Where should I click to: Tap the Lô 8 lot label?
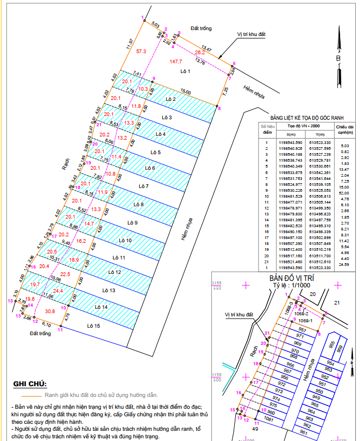click(139, 205)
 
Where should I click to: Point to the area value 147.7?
click(176, 62)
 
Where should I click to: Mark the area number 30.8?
click(50, 312)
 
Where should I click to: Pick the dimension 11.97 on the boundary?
click(129, 44)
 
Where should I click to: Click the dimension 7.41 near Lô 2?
click(136, 74)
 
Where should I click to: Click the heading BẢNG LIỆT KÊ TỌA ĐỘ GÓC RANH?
click(306, 117)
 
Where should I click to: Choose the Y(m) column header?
click(321, 134)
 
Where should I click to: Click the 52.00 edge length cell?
click(345, 193)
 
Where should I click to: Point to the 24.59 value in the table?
click(345, 264)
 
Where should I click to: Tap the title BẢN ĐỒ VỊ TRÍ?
click(291, 279)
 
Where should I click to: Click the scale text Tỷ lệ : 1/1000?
click(291, 286)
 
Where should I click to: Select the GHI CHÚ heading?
click(30, 384)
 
